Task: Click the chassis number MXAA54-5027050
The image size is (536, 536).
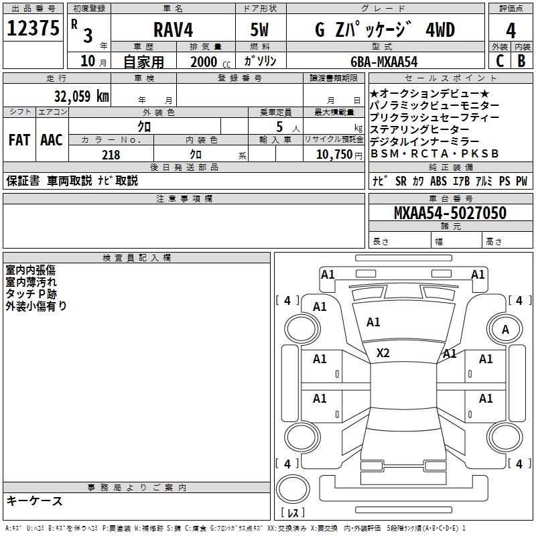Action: click(450, 213)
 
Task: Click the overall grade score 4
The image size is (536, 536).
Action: click(511, 30)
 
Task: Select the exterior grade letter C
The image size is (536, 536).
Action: click(499, 61)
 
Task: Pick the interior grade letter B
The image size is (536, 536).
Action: click(521, 61)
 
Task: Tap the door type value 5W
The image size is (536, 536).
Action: click(261, 30)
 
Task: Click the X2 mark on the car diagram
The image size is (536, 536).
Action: click(383, 353)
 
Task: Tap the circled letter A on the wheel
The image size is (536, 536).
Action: click(505, 329)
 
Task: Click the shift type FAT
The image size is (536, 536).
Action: click(19, 140)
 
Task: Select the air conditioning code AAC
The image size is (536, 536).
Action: click(51, 140)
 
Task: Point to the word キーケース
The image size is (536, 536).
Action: click(34, 501)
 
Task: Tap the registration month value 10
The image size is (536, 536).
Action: click(87, 62)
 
